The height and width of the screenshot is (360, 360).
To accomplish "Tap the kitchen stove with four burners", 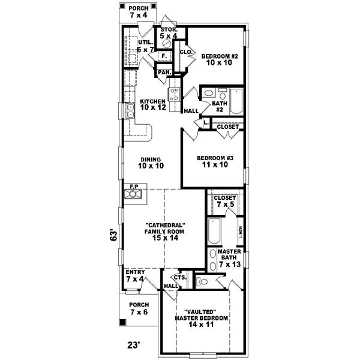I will (174, 94).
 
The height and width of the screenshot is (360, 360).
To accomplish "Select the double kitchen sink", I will (130, 111).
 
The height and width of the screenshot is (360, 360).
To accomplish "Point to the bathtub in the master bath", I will (214, 232).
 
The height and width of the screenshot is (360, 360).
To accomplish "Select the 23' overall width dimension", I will (134, 344).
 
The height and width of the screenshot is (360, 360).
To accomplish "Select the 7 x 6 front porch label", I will (138, 308).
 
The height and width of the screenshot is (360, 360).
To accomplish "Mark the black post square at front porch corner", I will (123, 323).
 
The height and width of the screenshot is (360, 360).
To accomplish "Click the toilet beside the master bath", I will (202, 281).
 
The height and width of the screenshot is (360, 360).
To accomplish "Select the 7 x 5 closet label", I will (225, 202).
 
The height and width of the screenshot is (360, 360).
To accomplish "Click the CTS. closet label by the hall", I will (179, 277).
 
